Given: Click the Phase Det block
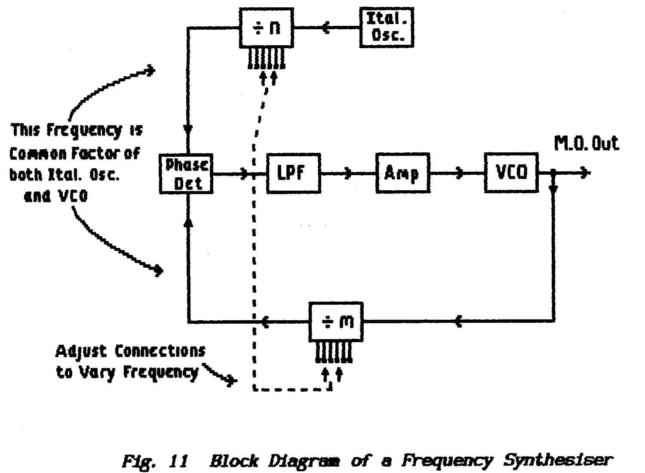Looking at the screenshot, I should [186, 173].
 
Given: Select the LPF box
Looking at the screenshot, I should [293, 173].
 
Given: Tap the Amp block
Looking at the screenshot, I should [402, 173].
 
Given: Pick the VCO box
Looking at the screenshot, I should [511, 173].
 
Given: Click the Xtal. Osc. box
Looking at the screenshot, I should [386, 27].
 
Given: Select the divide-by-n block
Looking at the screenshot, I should [266, 28].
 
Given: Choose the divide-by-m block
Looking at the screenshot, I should [336, 322].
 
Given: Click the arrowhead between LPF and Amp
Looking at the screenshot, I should [349, 173].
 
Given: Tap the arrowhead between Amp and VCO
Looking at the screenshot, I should [460, 173].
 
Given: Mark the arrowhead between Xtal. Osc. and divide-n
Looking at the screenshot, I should [326, 28].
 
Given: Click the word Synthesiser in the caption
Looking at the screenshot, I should [557, 461].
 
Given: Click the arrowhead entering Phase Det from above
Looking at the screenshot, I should [188, 129].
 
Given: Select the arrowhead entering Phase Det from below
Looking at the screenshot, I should [188, 222].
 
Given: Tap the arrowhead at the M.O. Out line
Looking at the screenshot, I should [585, 173].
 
